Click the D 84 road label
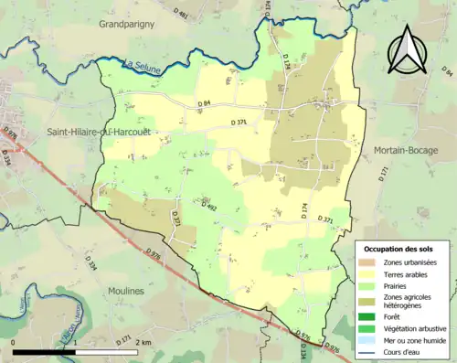click(x=203, y=103)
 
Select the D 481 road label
click(x=183, y=14)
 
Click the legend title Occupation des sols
click(x=399, y=249)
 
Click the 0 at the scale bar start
click(x=14, y=341)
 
